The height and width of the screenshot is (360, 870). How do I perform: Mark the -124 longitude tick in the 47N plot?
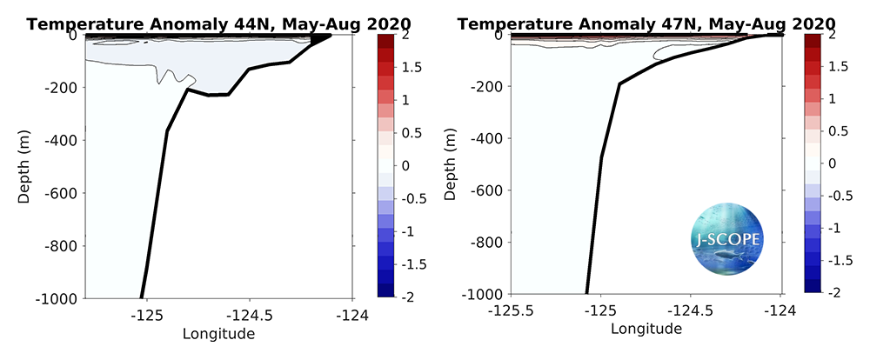point(781,310)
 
